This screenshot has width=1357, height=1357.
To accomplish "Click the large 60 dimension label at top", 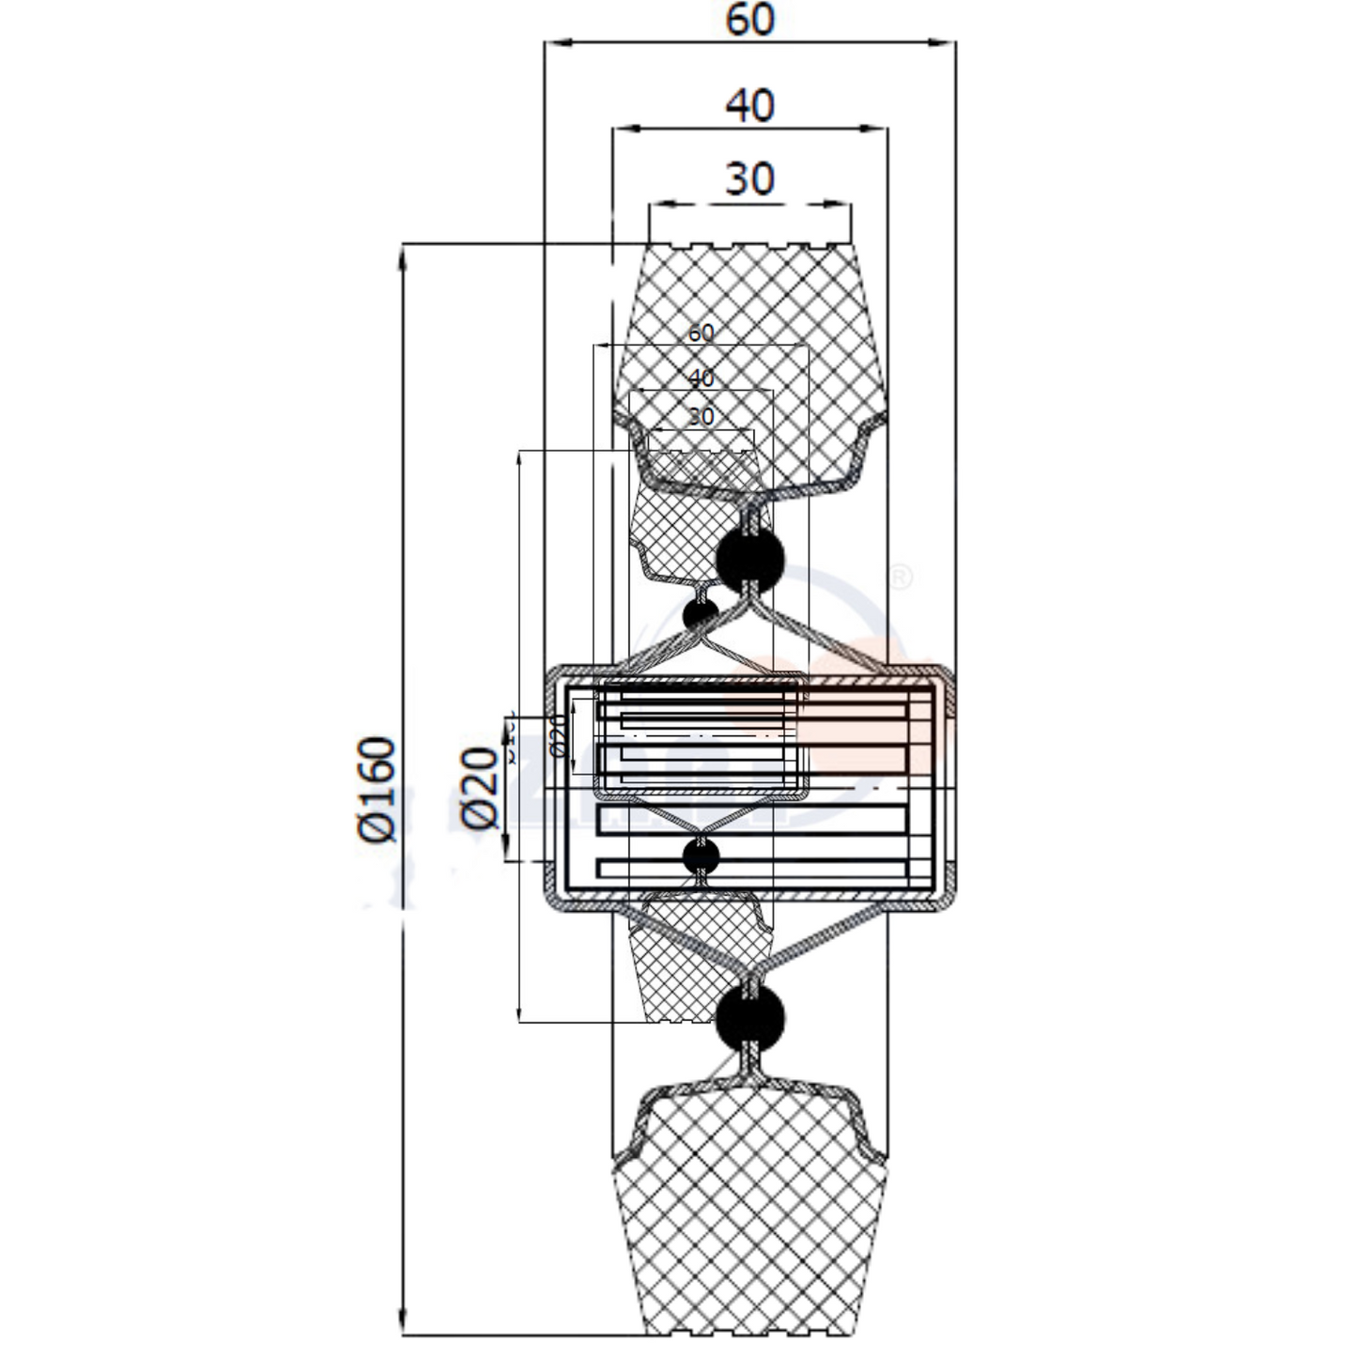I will point(750,19).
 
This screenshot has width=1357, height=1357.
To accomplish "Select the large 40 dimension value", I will point(750,105).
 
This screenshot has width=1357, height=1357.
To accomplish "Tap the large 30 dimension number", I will point(750,178).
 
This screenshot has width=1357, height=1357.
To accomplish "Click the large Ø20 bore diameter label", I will point(479,788).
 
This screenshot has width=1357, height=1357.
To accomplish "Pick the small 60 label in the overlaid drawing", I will point(701,332).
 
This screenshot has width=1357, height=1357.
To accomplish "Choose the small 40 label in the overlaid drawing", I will point(701,378).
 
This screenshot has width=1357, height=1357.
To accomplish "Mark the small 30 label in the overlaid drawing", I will point(701,415).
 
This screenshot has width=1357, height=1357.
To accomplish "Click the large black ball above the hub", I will point(749,560).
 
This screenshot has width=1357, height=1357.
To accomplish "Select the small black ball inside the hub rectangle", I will point(701,856).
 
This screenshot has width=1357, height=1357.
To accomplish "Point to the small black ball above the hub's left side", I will point(700,615).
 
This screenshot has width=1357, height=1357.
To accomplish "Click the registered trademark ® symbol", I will point(899,577).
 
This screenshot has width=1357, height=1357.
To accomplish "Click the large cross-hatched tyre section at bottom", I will point(749,1221).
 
